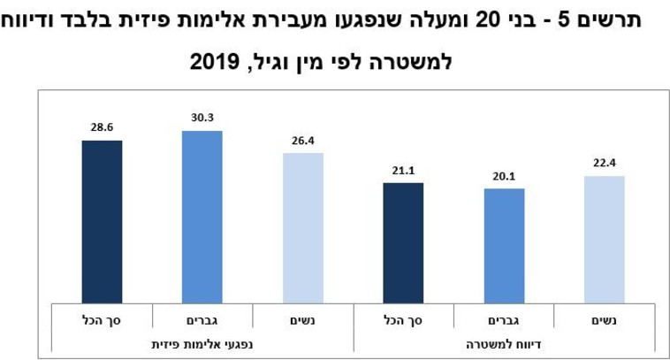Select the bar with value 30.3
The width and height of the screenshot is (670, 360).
202,217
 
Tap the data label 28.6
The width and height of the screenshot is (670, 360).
102,127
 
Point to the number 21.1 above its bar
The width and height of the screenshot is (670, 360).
403,171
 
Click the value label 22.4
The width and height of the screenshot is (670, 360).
605,164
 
